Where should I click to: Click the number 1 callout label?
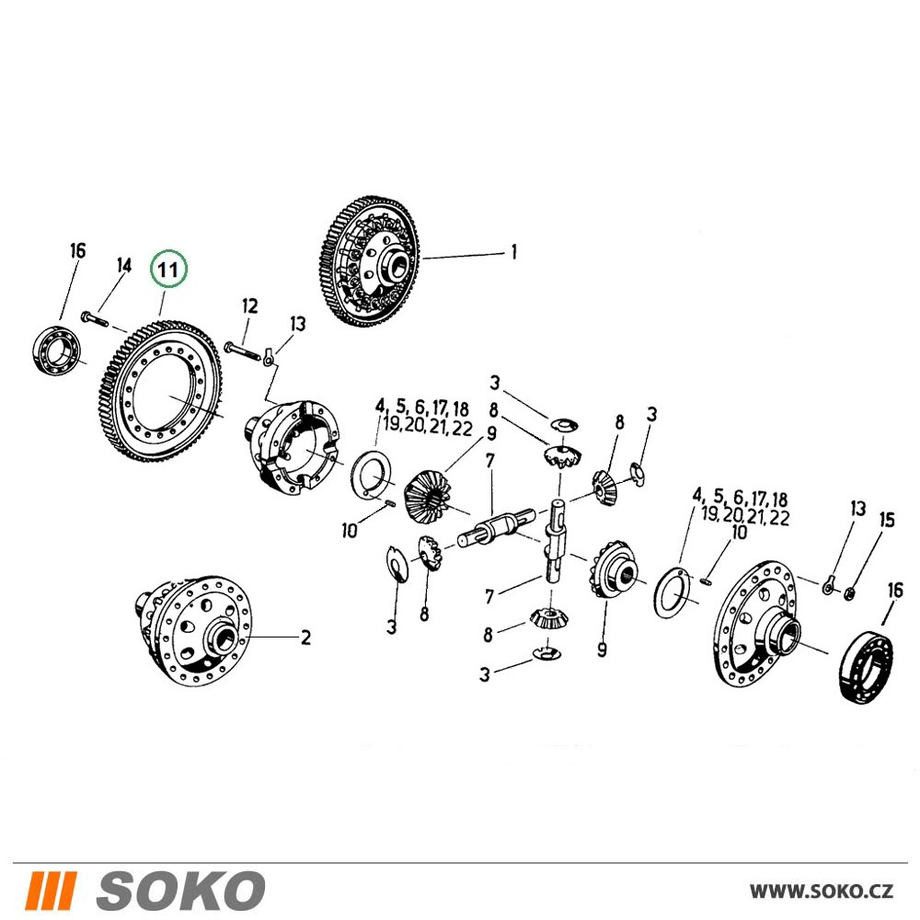pyautogui.click(x=514, y=252)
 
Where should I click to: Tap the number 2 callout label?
pyautogui.click(x=305, y=638)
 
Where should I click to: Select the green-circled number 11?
pyautogui.click(x=168, y=270)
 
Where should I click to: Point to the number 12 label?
pyautogui.click(x=250, y=305)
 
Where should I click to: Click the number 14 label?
pyautogui.click(x=124, y=265)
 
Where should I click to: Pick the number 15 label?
pyautogui.click(x=887, y=520)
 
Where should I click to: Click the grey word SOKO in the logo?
pyautogui.click(x=180, y=890)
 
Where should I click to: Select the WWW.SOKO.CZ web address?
pyautogui.click(x=822, y=891)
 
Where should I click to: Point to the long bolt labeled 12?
pyautogui.click(x=241, y=351)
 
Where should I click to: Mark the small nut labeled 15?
pyautogui.click(x=848, y=595)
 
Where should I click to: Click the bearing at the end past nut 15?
pyautogui.click(x=866, y=666)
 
